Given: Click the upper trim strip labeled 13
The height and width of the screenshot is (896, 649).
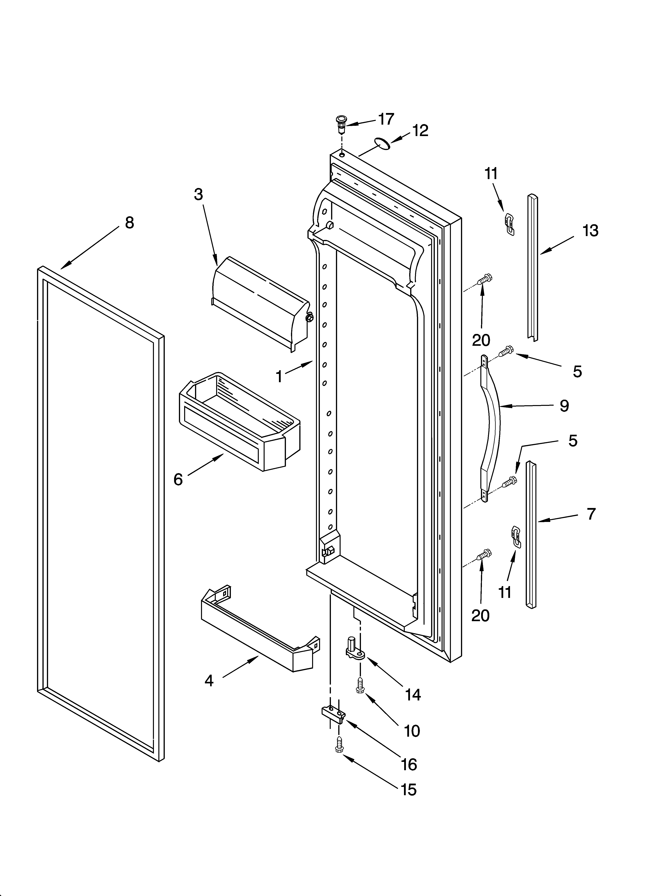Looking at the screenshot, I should pos(533,267).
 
